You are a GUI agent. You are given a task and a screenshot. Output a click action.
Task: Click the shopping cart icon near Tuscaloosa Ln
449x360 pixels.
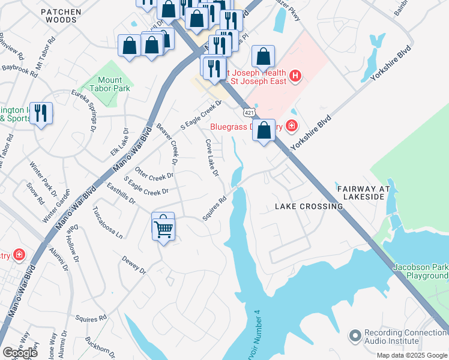pyautogui.click(x=163, y=227)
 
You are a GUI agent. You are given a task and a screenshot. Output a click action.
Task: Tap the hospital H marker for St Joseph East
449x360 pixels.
pyautogui.click(x=295, y=76)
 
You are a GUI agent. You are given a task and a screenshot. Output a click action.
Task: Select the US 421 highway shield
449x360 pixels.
pyautogui.click(x=249, y=112)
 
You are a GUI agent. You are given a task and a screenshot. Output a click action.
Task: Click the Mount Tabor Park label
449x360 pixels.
pyautogui.click(x=110, y=84)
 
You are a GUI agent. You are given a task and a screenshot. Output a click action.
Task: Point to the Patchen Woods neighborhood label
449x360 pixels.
pyautogui.click(x=59, y=16)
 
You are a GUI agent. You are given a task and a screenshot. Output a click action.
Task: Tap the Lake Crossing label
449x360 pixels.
pyautogui.click(x=309, y=206)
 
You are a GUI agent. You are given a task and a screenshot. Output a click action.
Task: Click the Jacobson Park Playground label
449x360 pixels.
pyautogui.click(x=420, y=271)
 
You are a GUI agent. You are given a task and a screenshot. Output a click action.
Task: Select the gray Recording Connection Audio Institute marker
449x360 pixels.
pyautogui.click(x=355, y=334)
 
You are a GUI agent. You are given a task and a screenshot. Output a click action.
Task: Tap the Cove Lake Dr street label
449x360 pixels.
pyautogui.click(x=212, y=158)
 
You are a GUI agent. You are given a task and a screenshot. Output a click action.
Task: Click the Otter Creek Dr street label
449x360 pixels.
pyautogui.click(x=154, y=173)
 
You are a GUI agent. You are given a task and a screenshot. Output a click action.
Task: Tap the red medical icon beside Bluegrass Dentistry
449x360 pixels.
pyautogui.click(x=291, y=125)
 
